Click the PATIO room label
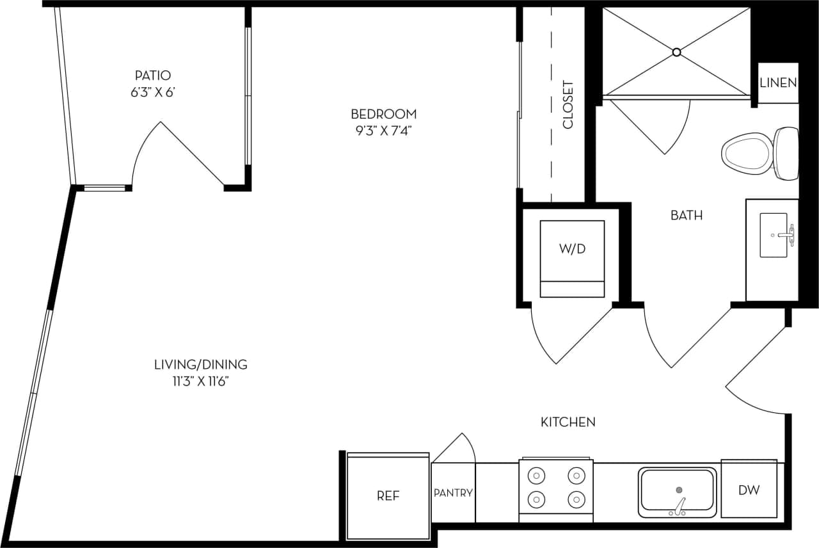coord(153,76)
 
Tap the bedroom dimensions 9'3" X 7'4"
coord(383,131)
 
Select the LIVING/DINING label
coord(200,365)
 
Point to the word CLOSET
coord(568,104)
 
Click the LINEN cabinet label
coord(778,83)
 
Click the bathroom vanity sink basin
coord(774,235)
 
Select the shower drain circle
coord(676,52)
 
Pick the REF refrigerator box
coord(388,496)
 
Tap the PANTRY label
coord(453,493)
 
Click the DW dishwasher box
coord(749,490)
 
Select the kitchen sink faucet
coord(678,506)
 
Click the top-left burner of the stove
coord(536,476)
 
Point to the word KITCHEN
coord(568,422)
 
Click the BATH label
coord(686,216)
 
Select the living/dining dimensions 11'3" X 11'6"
coord(200,382)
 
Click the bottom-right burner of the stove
coord(576,499)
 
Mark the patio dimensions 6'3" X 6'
coord(153,92)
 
